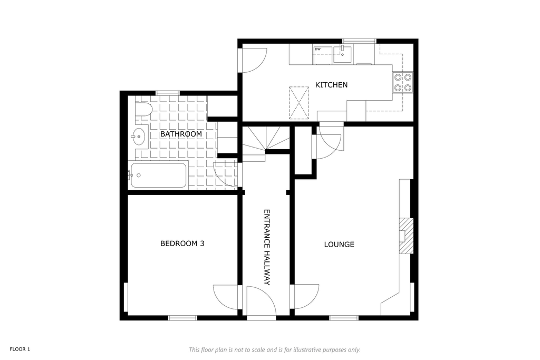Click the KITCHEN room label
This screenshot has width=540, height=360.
(331, 85)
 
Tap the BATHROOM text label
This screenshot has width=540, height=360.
(181, 134)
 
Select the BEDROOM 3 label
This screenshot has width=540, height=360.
(182, 244)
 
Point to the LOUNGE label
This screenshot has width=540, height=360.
(339, 245)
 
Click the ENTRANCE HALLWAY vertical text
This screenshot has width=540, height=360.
(266, 247)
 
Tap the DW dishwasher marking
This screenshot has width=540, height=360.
(317, 49)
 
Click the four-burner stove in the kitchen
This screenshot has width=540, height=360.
(403, 83)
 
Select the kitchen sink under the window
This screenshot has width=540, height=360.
(342, 54)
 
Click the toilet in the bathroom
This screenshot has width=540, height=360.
(143, 110)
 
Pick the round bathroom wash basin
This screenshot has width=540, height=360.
(139, 137)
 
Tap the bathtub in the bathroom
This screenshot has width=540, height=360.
(158, 175)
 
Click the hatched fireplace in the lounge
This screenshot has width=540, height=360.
(406, 236)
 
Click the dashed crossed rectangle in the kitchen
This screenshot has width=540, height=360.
(298, 103)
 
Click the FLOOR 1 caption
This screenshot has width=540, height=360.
(20, 349)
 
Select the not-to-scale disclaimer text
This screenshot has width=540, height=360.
(275, 349)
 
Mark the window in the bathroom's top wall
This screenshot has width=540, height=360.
(168, 93)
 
